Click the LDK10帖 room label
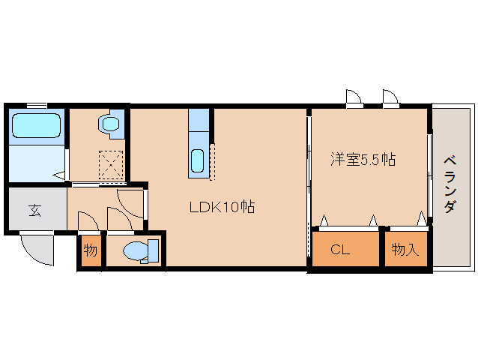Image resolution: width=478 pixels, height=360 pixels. [x=222, y=208]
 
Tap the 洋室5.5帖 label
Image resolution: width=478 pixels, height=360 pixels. [x=363, y=159]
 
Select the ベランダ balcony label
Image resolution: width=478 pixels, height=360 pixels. [x=450, y=185]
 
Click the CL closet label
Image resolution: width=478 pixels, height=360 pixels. [x=340, y=250]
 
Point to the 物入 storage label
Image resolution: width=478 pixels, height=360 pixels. [x=405, y=250]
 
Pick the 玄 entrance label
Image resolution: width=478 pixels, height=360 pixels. [x=35, y=211]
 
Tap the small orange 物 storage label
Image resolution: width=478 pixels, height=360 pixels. [x=90, y=250]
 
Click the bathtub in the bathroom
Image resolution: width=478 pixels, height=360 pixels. [x=36, y=125]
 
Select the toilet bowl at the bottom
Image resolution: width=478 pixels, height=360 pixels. [x=136, y=251]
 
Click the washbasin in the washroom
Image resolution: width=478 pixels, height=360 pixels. [x=109, y=124]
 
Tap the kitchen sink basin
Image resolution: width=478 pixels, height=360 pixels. [x=198, y=160]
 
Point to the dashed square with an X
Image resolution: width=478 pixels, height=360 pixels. [x=112, y=165]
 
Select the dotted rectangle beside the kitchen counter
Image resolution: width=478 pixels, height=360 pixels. [x=213, y=162]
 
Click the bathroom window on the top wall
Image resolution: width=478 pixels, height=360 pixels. [x=37, y=106]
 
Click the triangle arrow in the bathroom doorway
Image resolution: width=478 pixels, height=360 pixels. [x=59, y=175]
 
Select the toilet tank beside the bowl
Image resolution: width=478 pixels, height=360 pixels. [x=153, y=250]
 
